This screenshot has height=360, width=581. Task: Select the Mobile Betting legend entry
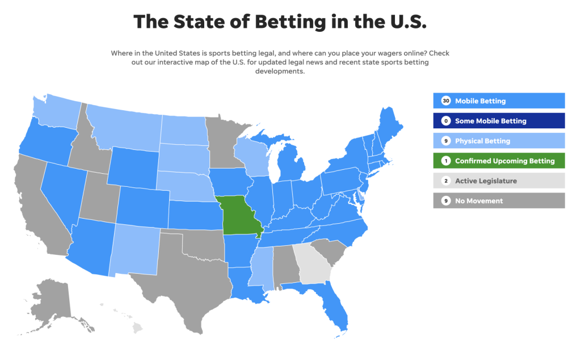click(499, 101)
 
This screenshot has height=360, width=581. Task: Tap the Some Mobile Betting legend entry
click(499, 121)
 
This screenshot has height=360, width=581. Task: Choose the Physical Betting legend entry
click(499, 141)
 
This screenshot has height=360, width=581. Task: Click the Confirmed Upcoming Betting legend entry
click(499, 161)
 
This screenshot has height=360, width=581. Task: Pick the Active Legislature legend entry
click(499, 181)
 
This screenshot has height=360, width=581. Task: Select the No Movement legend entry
click(499, 200)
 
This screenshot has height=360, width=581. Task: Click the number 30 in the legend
click(445, 101)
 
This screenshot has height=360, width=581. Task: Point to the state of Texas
click(182, 284)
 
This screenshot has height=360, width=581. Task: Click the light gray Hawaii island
click(137, 328)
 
